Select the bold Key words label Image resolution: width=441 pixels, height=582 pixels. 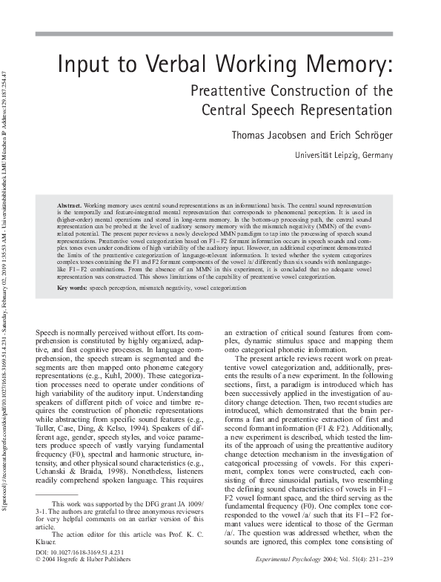73,287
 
